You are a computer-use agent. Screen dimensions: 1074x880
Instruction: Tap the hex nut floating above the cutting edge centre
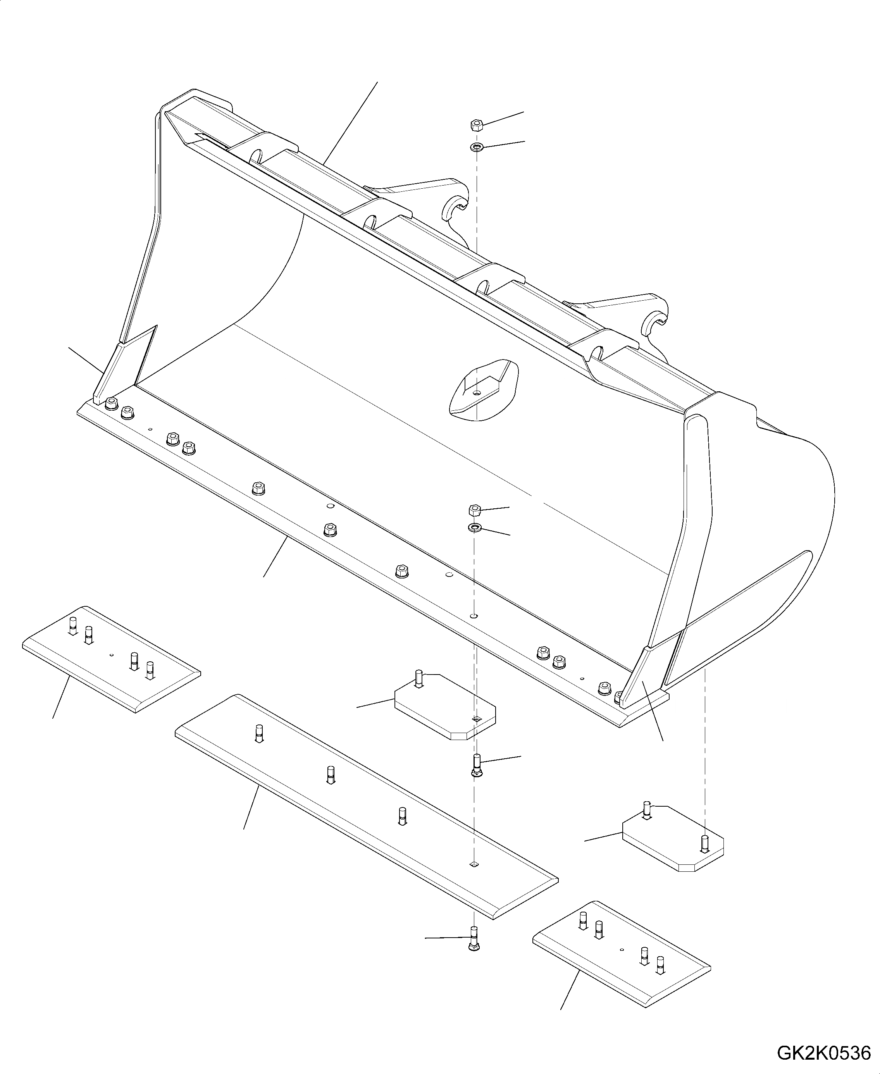click(474, 509)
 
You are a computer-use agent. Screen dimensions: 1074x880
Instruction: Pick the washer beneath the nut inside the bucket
click(474, 528)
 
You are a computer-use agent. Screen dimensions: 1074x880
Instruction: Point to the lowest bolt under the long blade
click(474, 939)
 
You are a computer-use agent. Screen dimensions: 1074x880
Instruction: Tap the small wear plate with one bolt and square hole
click(444, 707)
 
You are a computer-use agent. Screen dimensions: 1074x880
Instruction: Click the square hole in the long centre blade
click(474, 864)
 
